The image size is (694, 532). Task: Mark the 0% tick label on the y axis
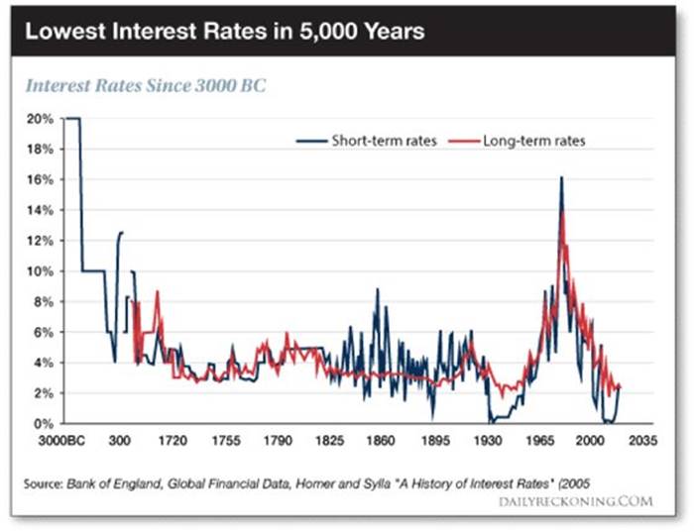coord(44,423)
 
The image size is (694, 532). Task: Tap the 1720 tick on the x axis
coord(173,440)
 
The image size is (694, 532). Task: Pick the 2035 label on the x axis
coord(642,440)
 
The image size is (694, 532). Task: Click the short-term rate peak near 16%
coord(561,178)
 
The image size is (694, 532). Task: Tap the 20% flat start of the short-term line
coord(71,119)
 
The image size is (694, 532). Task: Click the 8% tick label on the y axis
coord(44,301)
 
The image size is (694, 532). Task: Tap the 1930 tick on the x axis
coord(486,440)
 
